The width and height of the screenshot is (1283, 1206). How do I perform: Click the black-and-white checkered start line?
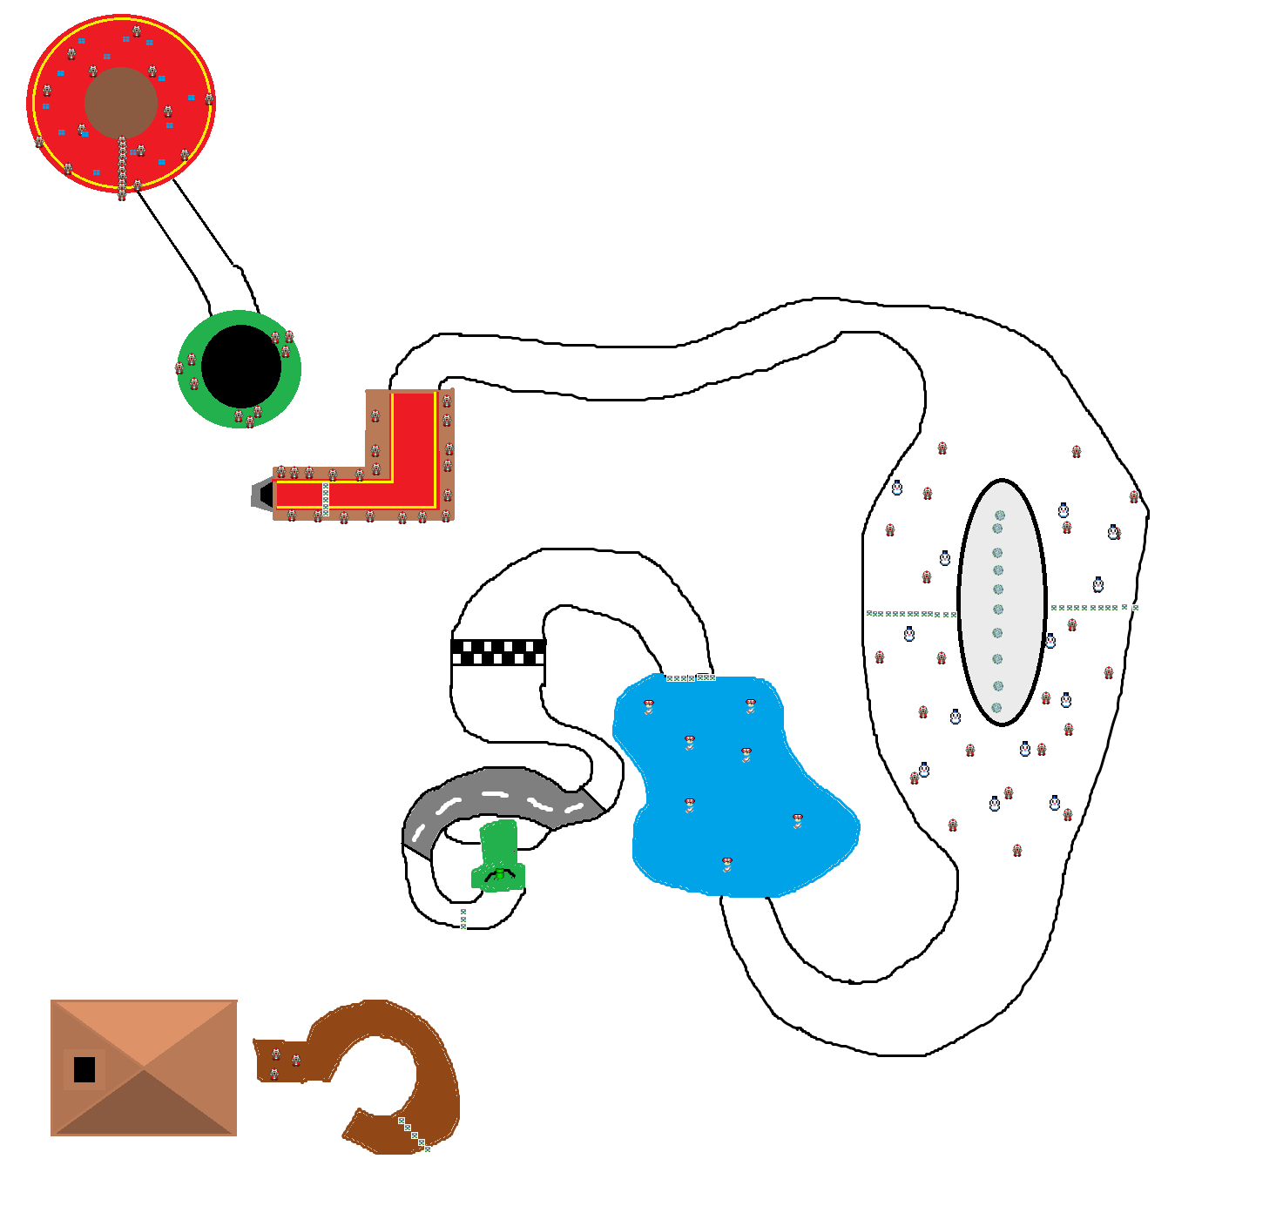pos(498,652)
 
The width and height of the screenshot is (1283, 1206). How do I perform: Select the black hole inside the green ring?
pos(241,367)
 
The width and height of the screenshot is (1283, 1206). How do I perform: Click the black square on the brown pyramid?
pos(84,1069)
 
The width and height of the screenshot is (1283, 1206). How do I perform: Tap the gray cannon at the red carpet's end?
pos(263,495)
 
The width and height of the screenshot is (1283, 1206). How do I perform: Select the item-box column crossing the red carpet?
pos(326,499)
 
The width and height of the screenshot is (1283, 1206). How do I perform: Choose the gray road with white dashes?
pos(496,797)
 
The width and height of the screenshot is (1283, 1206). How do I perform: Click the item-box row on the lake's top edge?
pos(691,677)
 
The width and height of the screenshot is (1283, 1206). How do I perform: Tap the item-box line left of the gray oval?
pos(911,614)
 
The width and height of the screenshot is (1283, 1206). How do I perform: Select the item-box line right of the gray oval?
pos(1094,608)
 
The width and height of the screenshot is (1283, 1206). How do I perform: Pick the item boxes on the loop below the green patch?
pos(463,919)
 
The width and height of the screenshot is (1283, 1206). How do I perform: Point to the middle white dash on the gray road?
pos(495,794)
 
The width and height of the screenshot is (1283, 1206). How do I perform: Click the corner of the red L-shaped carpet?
pos(414,492)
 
